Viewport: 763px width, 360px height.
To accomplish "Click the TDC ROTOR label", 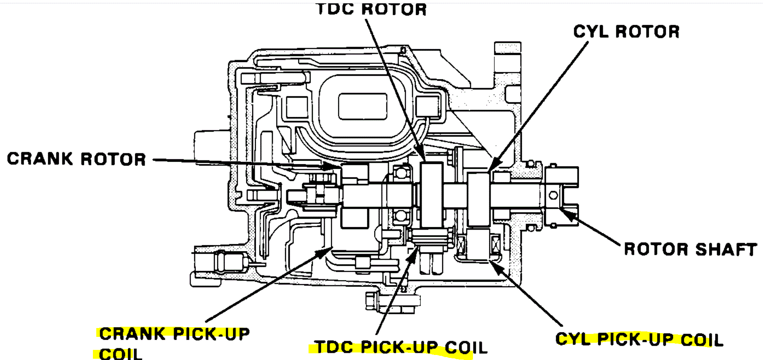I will pos(372,9).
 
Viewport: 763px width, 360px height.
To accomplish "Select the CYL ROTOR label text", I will pos(626,32).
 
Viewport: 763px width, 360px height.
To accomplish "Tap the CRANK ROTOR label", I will pos(77,159).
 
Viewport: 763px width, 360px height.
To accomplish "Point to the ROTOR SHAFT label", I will pos(690,249).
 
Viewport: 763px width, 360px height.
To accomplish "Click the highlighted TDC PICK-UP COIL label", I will pos(401,348).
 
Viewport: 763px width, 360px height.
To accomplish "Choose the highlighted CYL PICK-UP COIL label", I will pos(639,339).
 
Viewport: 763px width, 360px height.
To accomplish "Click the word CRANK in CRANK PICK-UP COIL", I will pos(132,334).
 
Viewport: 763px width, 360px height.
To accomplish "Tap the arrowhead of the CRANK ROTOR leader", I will pos(334,166).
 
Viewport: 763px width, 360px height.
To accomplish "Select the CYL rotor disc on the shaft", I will pos(478,199).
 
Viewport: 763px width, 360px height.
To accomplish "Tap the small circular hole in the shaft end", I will pos(553,195).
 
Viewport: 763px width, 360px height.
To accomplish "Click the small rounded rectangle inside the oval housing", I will pos(362,106).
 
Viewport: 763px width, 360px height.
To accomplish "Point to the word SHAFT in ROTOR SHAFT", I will pos(726,249).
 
